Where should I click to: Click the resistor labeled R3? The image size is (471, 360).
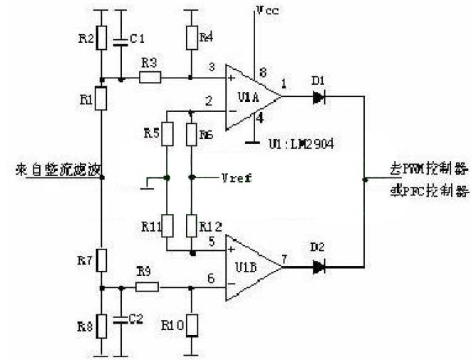tap(149, 78)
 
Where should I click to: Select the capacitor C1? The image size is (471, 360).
tap(122, 41)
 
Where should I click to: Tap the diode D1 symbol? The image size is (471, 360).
tap(318, 97)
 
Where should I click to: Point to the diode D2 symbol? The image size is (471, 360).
tap(318, 267)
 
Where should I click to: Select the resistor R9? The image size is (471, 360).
tap(147, 287)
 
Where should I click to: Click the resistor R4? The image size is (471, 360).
tap(192, 38)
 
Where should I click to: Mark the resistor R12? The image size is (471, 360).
tap(192, 225)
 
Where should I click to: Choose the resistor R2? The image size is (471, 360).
tap(103, 38)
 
